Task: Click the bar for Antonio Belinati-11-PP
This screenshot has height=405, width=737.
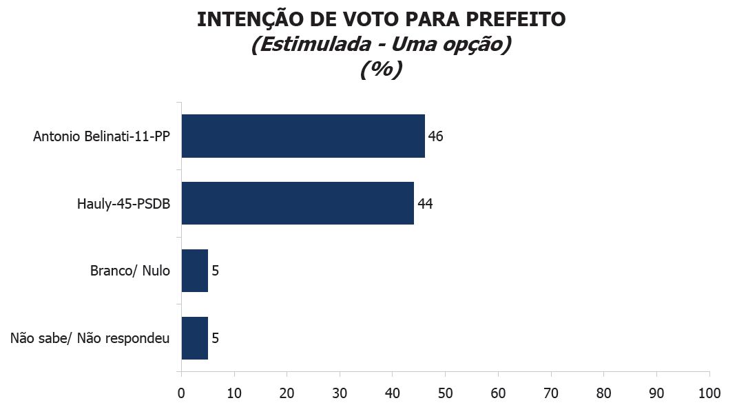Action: [303, 136]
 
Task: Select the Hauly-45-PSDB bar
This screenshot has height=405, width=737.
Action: [298, 203]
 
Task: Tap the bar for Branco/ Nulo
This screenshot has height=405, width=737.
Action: [195, 271]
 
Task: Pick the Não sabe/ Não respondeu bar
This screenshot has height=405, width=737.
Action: [195, 338]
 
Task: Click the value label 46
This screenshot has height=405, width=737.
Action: [435, 136]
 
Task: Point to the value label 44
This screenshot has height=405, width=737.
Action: [424, 204]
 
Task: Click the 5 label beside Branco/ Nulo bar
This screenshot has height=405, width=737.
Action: [215, 271]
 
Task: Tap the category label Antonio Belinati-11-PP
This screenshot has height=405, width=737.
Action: [101, 136]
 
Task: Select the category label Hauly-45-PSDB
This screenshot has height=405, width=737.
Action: [123, 204]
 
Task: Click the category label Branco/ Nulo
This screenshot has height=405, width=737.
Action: [129, 271]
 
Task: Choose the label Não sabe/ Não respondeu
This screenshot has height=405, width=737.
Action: [90, 338]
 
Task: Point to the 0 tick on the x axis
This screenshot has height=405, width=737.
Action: [181, 393]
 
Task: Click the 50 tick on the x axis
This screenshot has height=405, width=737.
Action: [445, 393]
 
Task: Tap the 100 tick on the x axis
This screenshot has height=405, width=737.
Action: [709, 393]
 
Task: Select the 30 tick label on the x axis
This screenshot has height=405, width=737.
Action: [340, 393]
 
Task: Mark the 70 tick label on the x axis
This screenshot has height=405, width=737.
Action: [551, 393]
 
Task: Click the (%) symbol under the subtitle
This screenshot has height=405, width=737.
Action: [381, 70]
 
